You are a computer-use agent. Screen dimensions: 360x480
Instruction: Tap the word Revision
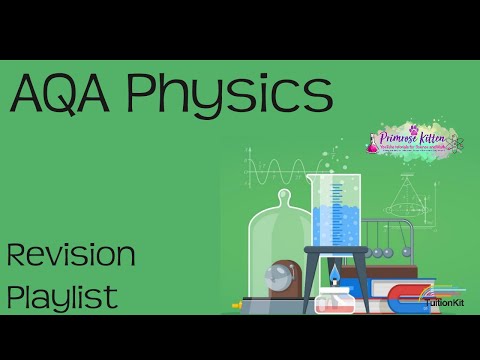pos(71,256)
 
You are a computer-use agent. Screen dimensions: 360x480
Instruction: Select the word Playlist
pos(62,296)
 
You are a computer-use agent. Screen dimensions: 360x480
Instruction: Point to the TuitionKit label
pos(444,303)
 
